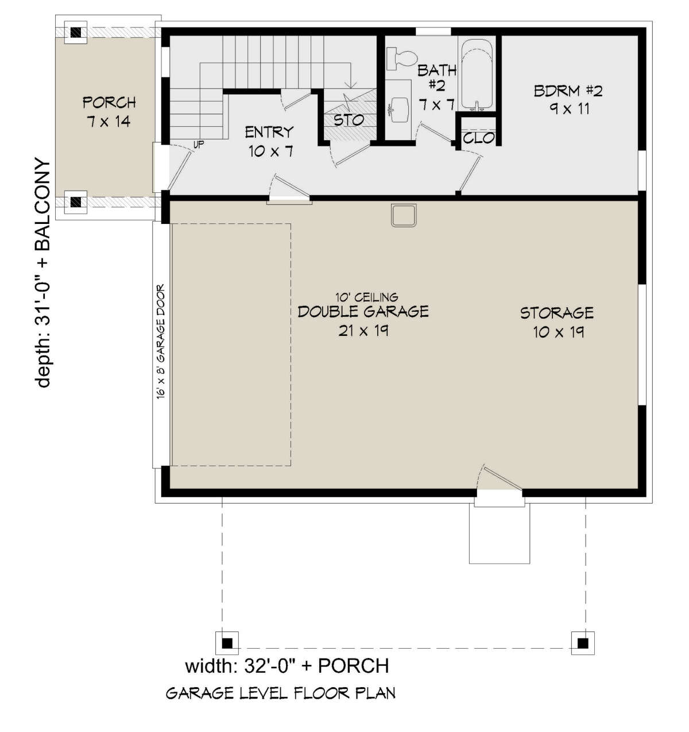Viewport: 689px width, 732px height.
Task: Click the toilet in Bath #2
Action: (x=401, y=58)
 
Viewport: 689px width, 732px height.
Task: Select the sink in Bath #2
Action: (x=399, y=109)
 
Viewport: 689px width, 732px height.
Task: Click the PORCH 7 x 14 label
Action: (x=109, y=112)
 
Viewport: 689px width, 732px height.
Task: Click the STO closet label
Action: (x=349, y=120)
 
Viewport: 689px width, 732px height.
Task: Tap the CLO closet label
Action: (x=478, y=138)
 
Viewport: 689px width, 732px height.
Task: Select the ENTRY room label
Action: (x=269, y=132)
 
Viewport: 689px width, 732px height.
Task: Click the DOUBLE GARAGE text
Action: (x=363, y=312)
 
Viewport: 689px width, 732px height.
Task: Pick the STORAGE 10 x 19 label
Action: (x=557, y=323)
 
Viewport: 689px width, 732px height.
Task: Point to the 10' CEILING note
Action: (x=366, y=297)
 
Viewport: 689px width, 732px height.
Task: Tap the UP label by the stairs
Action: (x=199, y=145)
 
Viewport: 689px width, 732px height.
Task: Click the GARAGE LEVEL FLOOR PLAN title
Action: (x=281, y=694)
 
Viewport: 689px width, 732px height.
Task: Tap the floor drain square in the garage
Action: (x=404, y=215)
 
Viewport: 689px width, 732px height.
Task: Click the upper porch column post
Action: (x=76, y=32)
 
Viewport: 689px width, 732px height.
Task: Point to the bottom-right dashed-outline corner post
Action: (x=582, y=644)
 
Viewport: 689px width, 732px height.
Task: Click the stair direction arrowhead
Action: (x=352, y=84)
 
